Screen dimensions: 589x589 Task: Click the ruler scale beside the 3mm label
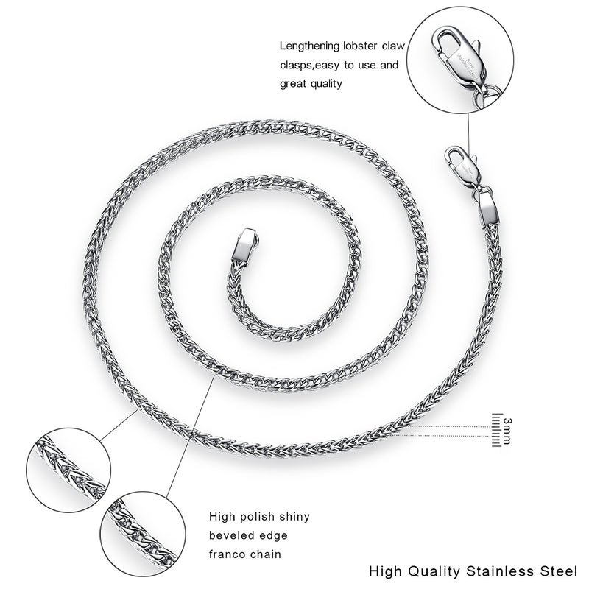[x=495, y=430]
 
